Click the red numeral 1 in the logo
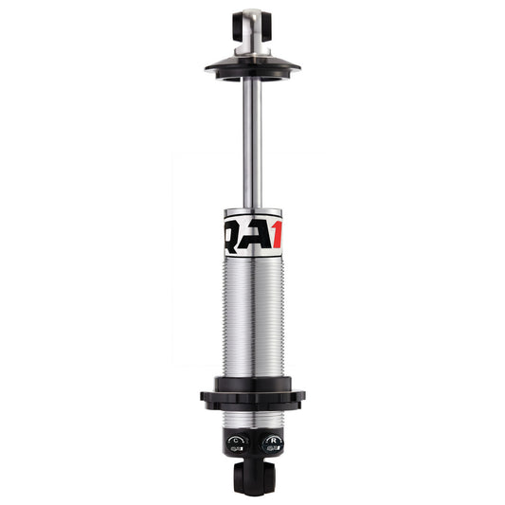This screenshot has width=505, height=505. tap(274, 238)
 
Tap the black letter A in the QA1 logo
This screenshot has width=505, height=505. tap(252, 238)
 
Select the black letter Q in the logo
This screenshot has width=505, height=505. tap(231, 238)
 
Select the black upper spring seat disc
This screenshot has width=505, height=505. tap(253, 66)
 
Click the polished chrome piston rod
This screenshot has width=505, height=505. tap(253, 142)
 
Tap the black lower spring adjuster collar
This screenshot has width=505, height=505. tap(253, 395)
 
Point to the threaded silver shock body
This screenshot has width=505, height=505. tap(253, 322)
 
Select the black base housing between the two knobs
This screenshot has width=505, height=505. tap(253, 442)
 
